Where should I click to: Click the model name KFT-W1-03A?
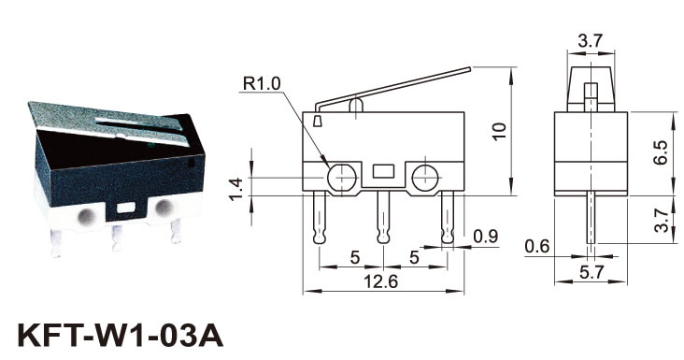[121, 336]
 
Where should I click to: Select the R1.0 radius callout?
[262, 83]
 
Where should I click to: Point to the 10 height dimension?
[500, 131]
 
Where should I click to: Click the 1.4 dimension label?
[236, 190]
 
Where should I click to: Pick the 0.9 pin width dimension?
[486, 236]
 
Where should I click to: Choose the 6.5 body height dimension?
[661, 152]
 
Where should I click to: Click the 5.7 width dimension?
[591, 273]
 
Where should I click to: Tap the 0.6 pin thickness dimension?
[537, 246]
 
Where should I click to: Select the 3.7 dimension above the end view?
[591, 41]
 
